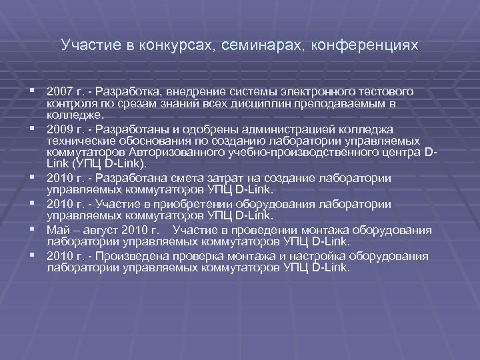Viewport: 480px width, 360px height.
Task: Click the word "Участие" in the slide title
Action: (83, 46)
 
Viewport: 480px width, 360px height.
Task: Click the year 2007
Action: (58, 90)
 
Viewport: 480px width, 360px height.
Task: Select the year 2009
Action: (58, 129)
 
